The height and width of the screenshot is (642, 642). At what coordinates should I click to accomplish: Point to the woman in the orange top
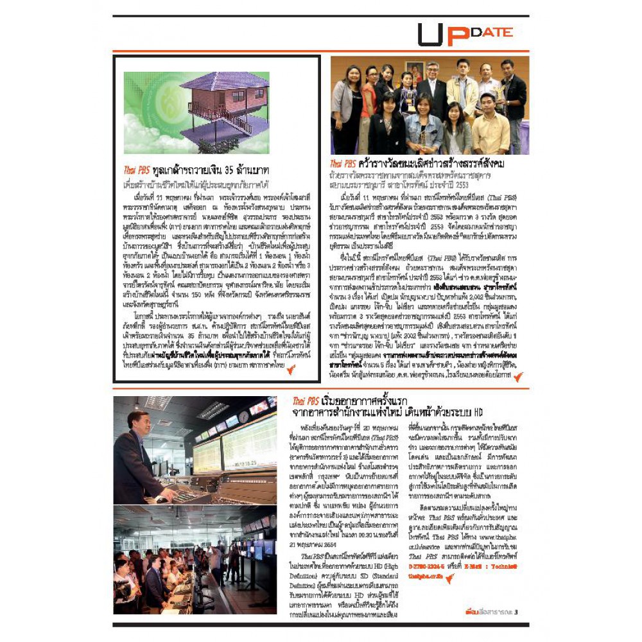click(x=369, y=103)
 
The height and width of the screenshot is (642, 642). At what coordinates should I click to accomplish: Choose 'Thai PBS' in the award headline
click(x=343, y=164)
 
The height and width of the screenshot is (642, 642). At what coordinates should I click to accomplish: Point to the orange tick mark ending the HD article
click(x=450, y=578)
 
